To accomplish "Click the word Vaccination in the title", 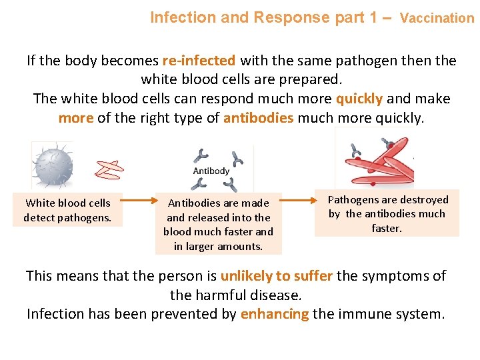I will tap(437, 18).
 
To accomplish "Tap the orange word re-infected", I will tap(198, 61).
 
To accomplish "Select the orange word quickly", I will tap(359, 99).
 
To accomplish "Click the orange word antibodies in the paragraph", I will tap(258, 118).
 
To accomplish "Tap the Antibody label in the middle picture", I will tap(211, 171).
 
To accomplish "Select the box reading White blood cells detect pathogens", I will tap(67, 210).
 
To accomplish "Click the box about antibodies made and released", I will tap(218, 224).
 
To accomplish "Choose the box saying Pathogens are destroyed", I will tap(387, 214).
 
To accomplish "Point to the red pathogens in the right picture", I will tap(383, 163).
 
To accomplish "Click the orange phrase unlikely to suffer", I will tap(277, 275).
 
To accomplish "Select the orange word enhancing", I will tap(274, 314).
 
